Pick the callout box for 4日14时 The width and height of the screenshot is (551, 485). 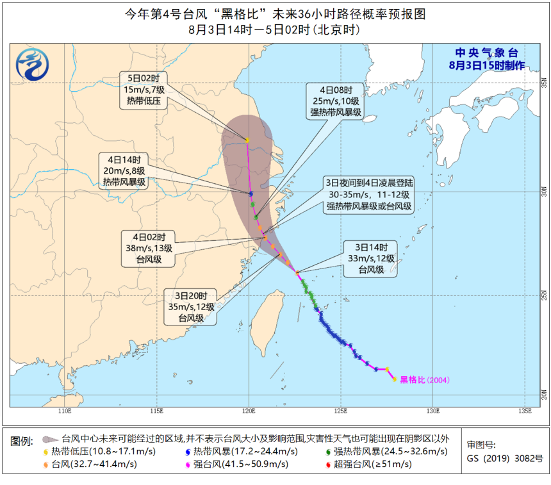coord(123,170)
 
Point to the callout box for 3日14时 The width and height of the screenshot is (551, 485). coord(370,258)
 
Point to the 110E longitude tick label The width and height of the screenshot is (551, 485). coord(64,411)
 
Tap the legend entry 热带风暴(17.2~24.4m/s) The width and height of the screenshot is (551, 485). coord(239,452)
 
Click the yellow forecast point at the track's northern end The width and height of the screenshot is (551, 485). coord(247,140)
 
